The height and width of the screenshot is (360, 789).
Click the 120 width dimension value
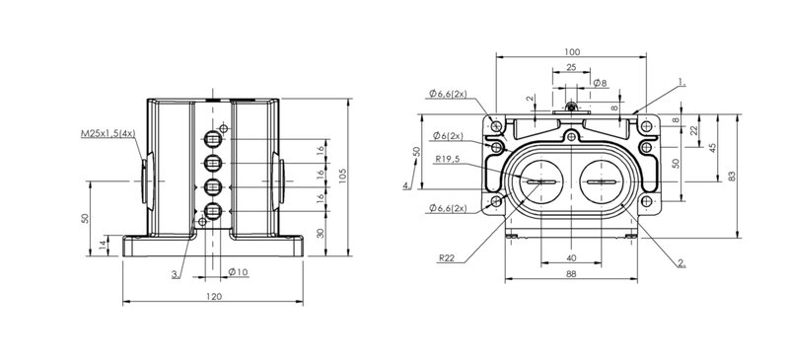[214, 297]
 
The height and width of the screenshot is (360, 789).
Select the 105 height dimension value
[343, 176]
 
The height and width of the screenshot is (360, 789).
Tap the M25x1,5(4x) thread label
[108, 133]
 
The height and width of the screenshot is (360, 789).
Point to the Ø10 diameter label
[238, 272]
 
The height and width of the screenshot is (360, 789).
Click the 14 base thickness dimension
[104, 246]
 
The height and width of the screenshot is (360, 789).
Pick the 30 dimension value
[322, 233]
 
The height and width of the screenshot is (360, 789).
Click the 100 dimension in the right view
[572, 52]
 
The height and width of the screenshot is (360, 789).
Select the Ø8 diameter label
[601, 83]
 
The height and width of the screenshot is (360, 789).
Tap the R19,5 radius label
[448, 160]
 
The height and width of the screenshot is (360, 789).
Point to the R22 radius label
[446, 257]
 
